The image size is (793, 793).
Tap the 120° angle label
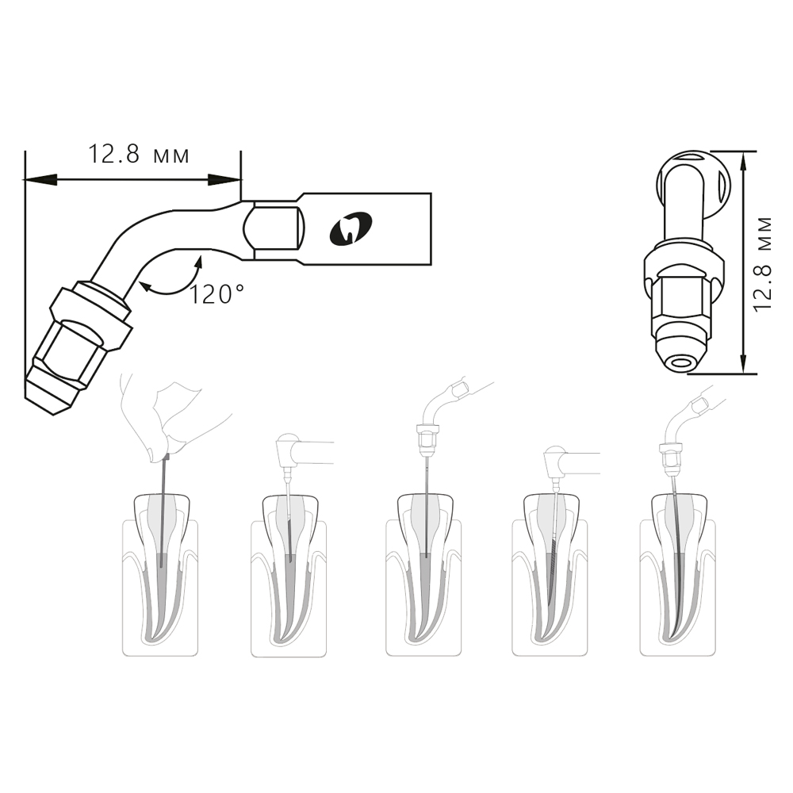click(216, 294)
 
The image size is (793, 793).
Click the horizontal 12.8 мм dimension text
click(139, 155)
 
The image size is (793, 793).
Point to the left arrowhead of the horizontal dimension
click(40, 179)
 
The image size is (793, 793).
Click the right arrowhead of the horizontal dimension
click(224, 179)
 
